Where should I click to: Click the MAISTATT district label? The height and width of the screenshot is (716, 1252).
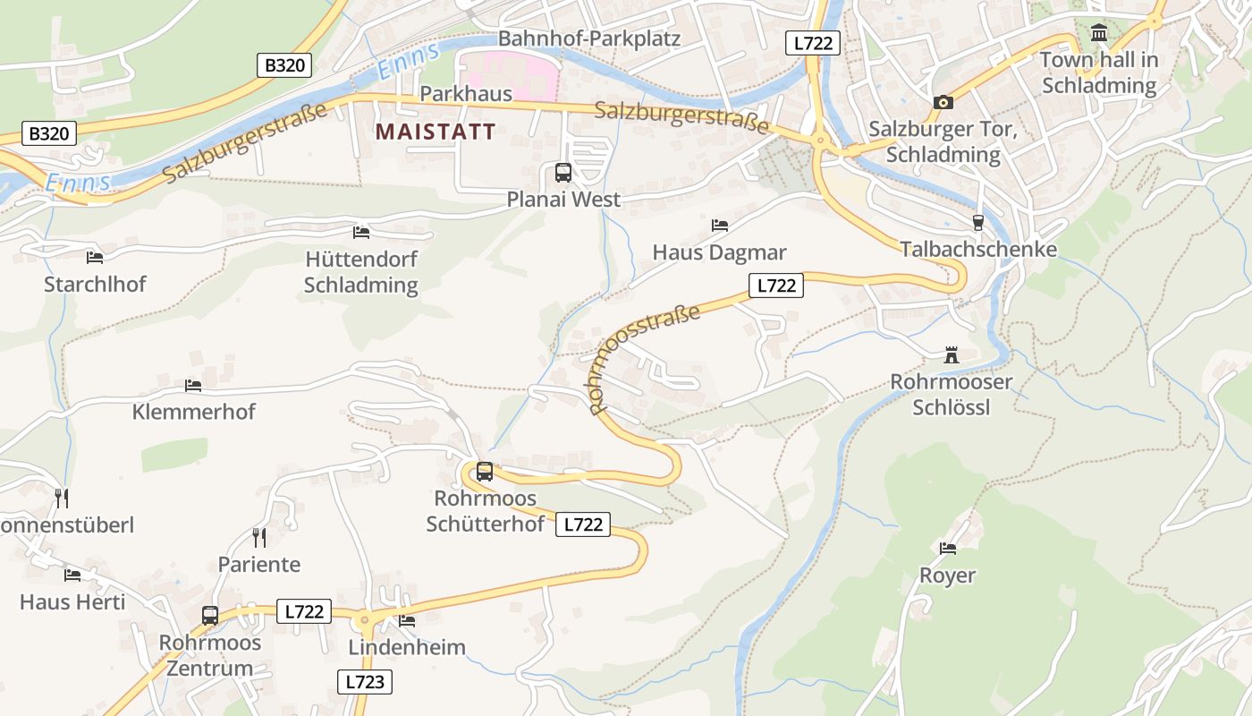point(436,132)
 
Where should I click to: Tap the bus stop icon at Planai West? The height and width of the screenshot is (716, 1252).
point(563,173)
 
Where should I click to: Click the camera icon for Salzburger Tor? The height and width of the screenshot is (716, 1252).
point(943,103)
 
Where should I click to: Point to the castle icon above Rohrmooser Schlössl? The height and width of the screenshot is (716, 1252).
point(952,355)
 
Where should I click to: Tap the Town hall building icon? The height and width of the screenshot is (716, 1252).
point(1099,34)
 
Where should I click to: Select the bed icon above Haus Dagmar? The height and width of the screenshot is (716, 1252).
point(720,225)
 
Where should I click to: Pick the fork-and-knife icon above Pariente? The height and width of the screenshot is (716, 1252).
point(259,537)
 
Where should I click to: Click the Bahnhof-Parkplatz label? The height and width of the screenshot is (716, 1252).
point(589,38)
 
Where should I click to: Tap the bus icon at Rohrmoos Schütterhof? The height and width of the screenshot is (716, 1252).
point(485,471)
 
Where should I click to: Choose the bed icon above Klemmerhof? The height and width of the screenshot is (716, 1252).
point(193,385)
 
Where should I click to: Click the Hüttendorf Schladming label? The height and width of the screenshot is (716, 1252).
point(361,272)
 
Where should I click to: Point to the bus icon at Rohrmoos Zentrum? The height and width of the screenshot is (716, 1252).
point(210,616)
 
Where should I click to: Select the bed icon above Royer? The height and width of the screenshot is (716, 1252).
point(948,548)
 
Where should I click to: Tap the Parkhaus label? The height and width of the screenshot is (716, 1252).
point(466,93)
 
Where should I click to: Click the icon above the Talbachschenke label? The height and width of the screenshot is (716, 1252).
point(978,222)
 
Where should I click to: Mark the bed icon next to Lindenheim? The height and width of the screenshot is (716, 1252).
point(407,620)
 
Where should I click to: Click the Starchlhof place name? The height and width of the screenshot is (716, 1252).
point(95,284)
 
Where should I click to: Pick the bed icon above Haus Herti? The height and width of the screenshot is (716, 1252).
point(72,575)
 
